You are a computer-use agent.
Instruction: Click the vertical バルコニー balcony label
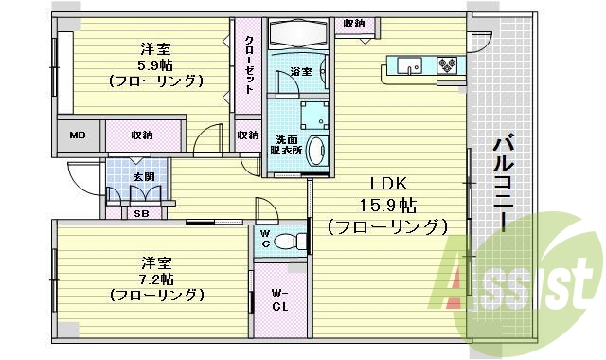coord(504,184)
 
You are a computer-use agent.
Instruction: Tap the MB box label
coord(79,135)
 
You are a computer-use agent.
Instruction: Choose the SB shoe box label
coord(140,213)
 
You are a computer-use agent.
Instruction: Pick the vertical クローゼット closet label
coord(249,64)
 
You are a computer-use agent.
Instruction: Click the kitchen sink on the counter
coord(410,65)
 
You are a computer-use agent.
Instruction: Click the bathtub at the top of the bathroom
coord(297,34)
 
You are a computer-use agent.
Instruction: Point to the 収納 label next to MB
coord(143,135)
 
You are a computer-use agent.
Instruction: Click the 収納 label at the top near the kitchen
coord(354,23)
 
